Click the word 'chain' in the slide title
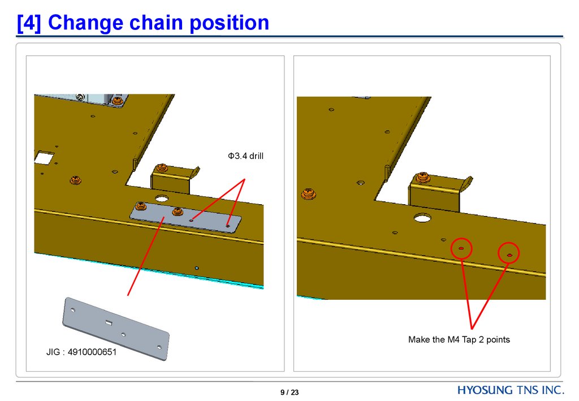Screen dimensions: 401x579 (x=159, y=23)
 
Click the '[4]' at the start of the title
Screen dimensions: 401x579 (x=29, y=23)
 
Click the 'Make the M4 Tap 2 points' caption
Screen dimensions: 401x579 (x=459, y=340)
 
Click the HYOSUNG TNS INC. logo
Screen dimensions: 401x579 (x=511, y=390)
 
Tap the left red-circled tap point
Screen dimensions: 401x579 (x=461, y=248)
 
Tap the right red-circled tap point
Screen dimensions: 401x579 (x=509, y=255)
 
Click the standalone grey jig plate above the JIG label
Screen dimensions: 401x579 (x=115, y=328)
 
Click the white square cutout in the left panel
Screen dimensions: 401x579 (x=43, y=157)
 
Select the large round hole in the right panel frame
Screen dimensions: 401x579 (x=422, y=218)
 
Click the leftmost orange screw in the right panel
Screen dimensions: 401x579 (x=309, y=193)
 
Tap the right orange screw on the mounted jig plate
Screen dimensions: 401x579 (x=177, y=212)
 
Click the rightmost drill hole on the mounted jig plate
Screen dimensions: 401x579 (x=228, y=225)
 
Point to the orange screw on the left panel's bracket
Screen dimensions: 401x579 (x=162, y=168)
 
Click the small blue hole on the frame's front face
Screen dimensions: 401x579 (x=196, y=268)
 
